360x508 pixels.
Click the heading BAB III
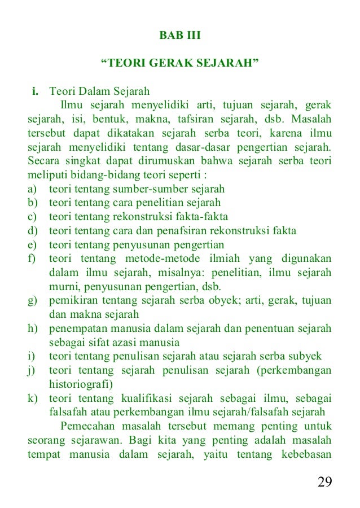(180, 36)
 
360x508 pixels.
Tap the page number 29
(324, 481)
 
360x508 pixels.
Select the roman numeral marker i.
(35, 91)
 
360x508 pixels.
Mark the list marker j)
(32, 370)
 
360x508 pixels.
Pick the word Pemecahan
(89, 426)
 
